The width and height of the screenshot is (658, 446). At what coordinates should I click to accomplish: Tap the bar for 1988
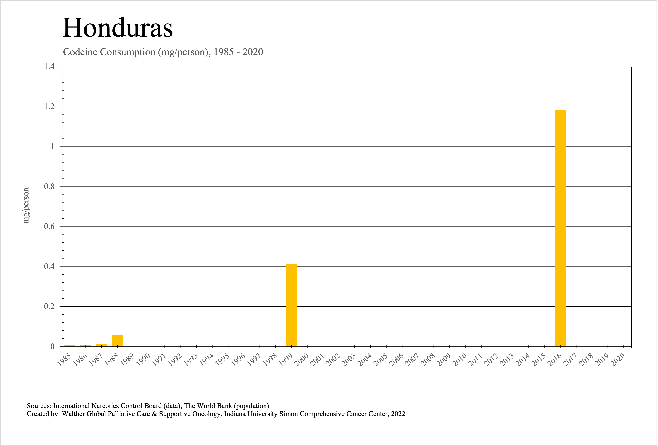point(117,341)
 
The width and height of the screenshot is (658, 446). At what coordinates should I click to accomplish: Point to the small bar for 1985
point(70,345)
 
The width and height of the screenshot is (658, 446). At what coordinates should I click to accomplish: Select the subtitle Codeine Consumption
point(163,52)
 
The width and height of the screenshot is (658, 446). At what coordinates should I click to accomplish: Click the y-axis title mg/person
point(26,206)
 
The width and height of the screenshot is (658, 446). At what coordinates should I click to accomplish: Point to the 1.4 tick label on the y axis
point(49,67)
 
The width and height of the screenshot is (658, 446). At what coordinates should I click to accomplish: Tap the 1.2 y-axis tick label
point(49,107)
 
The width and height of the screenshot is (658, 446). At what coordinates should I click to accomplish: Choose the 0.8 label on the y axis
point(49,187)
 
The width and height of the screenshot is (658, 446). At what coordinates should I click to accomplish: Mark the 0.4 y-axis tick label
point(49,267)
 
